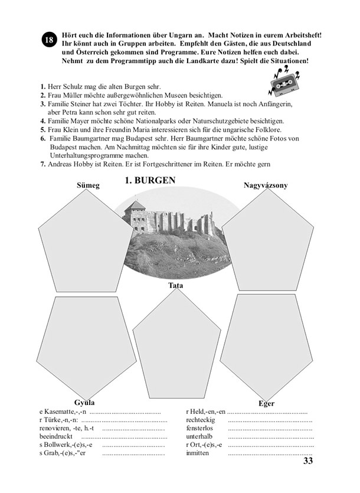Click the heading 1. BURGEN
[x=150, y=181]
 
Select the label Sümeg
[x=89, y=185]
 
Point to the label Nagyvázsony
[x=266, y=185]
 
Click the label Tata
[x=175, y=286]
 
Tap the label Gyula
[x=85, y=402]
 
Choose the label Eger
[x=266, y=403]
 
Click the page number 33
[x=307, y=461]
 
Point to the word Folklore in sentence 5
[x=266, y=129]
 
